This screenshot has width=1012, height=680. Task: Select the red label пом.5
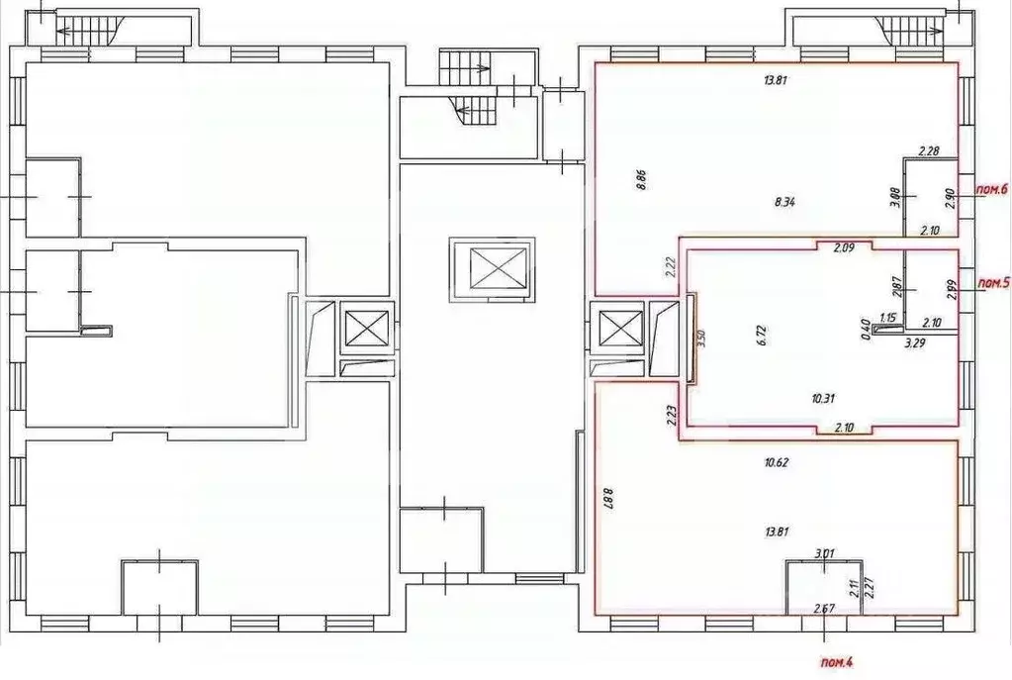coord(992,283)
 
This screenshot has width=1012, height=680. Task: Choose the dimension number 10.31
coord(822,399)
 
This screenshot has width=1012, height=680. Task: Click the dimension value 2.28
coord(928,151)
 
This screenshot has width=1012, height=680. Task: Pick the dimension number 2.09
coord(843,247)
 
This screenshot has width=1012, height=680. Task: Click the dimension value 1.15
coord(888,318)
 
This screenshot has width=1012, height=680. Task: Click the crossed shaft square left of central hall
coord(366,328)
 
